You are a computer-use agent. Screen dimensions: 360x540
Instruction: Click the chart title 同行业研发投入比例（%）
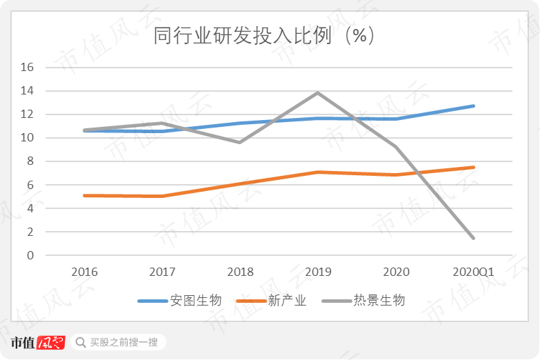265,36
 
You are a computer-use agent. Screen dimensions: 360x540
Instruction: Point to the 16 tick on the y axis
28,68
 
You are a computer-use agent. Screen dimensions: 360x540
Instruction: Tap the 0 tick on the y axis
30,255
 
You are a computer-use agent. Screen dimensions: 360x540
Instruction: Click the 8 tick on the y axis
30,161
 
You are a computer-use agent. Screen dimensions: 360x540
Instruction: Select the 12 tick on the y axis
28,114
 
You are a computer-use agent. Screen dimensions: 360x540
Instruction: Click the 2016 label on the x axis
84,272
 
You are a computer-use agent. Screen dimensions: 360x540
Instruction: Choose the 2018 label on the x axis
240,272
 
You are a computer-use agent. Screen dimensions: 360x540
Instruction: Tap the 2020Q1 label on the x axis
473,272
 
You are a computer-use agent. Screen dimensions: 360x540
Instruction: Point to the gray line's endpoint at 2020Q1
473,238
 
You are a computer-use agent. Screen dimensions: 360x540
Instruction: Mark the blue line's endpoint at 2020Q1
473,106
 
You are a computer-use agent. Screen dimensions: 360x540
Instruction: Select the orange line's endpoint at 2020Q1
473,167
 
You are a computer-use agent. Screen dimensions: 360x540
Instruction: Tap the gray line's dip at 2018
240,142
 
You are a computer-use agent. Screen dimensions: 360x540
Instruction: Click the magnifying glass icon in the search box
81,342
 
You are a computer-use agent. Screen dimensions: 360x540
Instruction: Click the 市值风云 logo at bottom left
38,342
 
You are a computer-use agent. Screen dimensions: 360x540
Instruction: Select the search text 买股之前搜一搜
124,342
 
